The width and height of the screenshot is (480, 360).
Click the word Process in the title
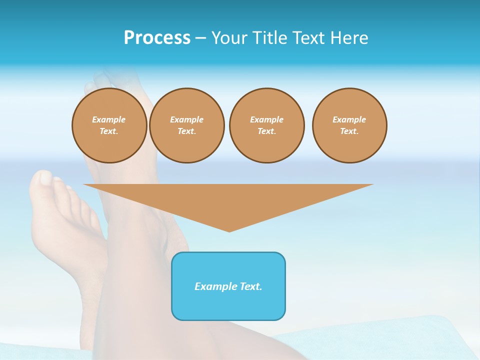[x=157, y=38]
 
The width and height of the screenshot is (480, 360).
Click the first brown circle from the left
[x=109, y=125]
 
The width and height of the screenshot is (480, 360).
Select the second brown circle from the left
[x=186, y=125]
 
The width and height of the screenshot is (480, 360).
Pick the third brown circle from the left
[x=266, y=125]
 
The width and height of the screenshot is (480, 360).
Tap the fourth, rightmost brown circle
[x=349, y=125]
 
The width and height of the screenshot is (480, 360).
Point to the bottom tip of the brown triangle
[x=229, y=230]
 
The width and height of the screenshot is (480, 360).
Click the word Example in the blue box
[x=215, y=286]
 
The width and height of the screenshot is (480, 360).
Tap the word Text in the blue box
[x=250, y=286]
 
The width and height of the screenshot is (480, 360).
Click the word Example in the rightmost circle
[x=349, y=119]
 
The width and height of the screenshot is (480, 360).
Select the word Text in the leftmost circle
[x=109, y=131]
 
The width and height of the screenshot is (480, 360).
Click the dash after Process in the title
[x=200, y=38]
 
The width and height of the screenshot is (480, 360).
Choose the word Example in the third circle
[x=266, y=119]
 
